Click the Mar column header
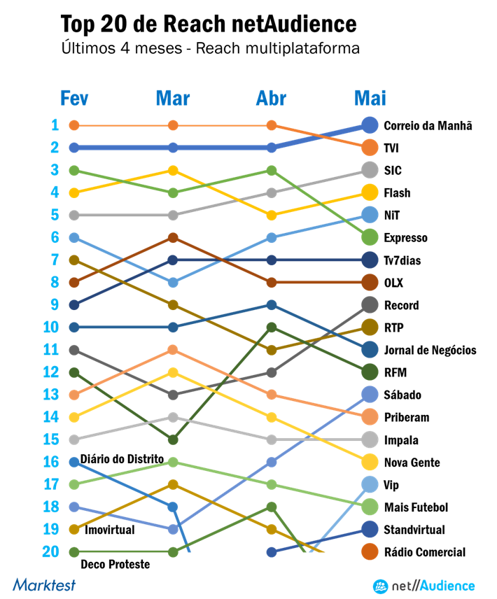172,99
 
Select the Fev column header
73,99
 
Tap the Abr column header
271,99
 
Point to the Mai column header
370,99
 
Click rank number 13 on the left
50,395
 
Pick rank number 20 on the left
50,551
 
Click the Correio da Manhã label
427,126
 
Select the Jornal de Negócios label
430,350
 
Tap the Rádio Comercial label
424,552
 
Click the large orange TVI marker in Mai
370,148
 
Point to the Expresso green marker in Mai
370,237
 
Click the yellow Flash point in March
173,170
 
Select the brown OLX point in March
173,238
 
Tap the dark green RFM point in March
173,439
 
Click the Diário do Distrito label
122,459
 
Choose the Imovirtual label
109,530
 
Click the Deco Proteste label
115,564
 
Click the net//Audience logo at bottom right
423,586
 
